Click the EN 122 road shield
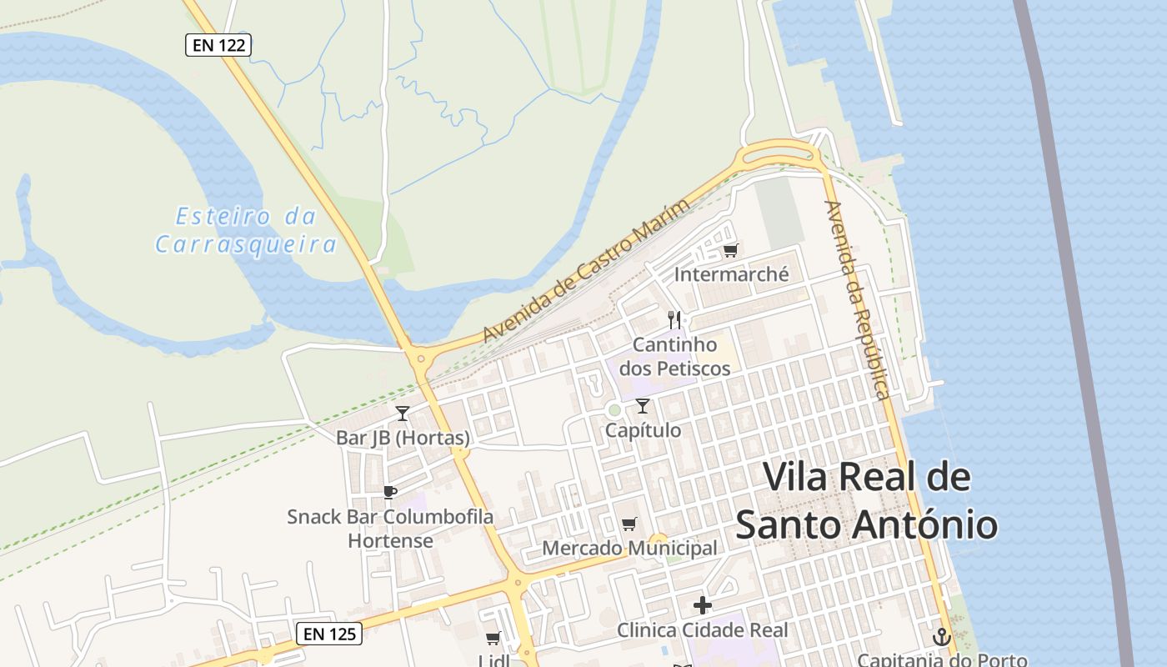point(218,45)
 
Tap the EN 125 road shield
point(329,634)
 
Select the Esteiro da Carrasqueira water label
point(247,230)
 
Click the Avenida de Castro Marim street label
point(587,271)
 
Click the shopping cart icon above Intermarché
point(731,250)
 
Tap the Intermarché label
point(731,274)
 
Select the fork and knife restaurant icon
point(674,319)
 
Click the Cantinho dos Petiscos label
point(674,356)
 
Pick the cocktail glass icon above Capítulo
point(643,406)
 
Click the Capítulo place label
point(643,430)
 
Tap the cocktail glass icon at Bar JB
point(403,413)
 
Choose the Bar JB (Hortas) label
point(403,438)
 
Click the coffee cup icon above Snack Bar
point(389,492)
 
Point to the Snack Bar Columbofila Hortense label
point(390,528)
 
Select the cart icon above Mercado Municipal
point(629,524)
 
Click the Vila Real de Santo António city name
point(867,501)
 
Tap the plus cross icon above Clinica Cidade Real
point(703,605)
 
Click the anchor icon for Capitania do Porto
point(941,637)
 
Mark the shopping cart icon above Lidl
point(493,639)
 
